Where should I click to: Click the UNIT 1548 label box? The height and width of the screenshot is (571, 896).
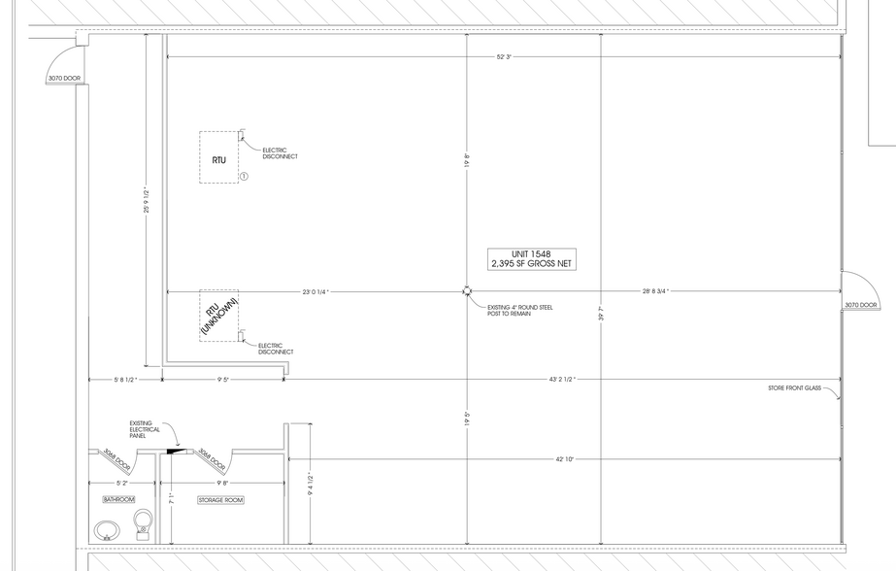coord(532,258)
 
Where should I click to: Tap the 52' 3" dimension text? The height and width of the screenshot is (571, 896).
coord(503,57)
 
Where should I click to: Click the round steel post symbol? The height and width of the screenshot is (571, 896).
coord(467,290)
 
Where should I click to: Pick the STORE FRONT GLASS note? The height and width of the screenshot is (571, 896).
coord(794,388)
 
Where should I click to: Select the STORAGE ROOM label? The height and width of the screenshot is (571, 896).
coord(220,499)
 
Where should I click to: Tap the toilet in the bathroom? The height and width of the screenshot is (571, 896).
coord(143,522)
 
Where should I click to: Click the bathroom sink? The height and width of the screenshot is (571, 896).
coord(107,530)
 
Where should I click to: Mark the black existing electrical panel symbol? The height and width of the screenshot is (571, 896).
coord(175,450)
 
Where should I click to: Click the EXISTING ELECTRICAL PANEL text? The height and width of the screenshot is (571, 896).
coord(143,429)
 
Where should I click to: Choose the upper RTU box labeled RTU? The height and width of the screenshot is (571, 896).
coord(218,157)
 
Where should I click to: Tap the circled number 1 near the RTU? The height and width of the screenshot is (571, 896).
coord(244,177)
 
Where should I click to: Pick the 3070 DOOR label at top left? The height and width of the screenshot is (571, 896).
coord(63,78)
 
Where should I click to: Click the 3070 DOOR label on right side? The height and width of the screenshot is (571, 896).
coord(860,305)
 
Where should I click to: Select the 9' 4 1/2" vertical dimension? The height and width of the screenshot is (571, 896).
coord(310,483)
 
